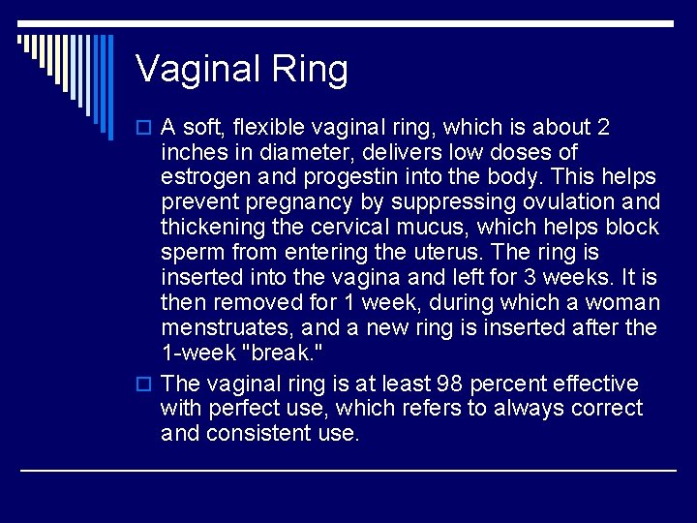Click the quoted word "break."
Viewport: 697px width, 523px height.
[289, 354]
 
